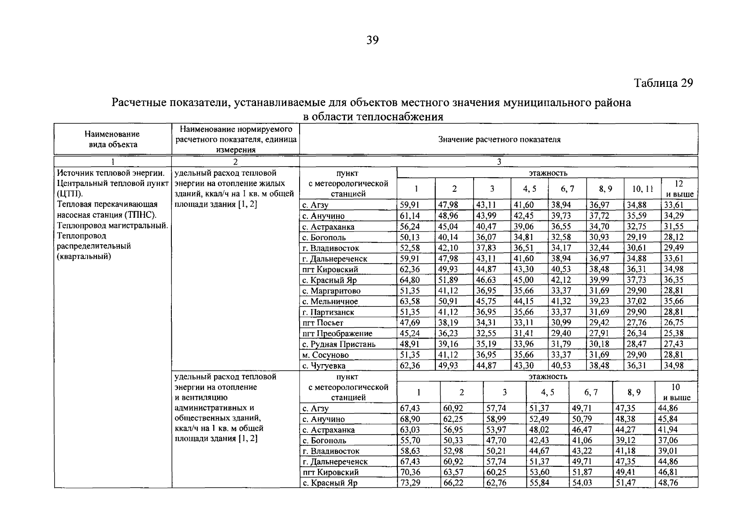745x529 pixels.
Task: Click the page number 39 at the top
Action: pos(372,41)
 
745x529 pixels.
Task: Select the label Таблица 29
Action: pos(663,83)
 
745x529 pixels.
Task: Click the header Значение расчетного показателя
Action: pos(499,140)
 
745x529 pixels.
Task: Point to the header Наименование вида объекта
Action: pos(112,139)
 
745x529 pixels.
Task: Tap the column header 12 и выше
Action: pos(679,189)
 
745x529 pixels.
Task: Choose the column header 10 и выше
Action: pos(676,392)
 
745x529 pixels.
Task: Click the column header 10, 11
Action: pos(642,189)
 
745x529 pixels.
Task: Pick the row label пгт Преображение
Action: pos(337,334)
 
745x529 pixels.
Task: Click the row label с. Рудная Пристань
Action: pos(339,344)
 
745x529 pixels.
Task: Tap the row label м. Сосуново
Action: pos(326,355)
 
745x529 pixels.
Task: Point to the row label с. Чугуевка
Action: pos(324,365)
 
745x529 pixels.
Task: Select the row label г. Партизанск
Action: pos(328,312)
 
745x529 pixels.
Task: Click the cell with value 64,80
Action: pos(410,280)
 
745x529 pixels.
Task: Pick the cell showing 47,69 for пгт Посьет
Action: pos(410,323)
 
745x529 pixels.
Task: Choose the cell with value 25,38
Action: pos(674,334)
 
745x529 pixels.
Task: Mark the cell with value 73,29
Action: pos(410,483)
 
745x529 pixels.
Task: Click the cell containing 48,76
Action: pos(668,483)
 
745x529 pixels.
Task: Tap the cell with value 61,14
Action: pos(410,216)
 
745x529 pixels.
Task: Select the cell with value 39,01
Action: pos(668,451)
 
